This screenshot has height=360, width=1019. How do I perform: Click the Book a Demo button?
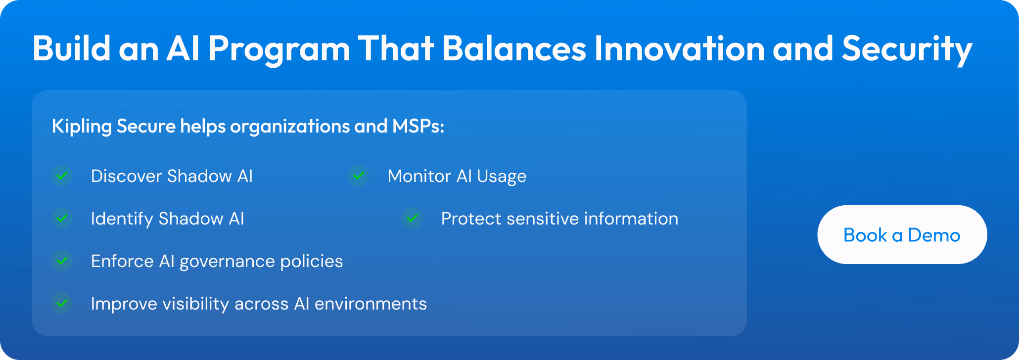tap(902, 234)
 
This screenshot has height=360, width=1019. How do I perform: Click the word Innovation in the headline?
tap(679, 48)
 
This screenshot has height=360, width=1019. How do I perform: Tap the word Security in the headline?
tap(907, 49)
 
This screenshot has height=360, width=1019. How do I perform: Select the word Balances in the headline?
tap(514, 48)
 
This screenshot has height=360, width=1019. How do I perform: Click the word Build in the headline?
tap(72, 48)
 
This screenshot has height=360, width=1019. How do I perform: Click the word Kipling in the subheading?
tap(82, 127)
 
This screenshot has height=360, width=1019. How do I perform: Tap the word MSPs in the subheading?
tap(416, 126)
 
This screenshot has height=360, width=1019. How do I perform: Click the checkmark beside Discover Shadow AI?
tap(62, 176)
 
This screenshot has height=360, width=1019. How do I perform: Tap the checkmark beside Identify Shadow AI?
tap(62, 218)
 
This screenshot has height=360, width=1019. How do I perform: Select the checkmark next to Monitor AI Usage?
tap(359, 176)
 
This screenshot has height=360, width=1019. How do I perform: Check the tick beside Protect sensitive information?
tap(412, 218)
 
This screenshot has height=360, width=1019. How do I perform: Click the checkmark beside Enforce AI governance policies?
tap(62, 261)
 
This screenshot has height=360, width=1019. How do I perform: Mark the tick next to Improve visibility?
tap(62, 303)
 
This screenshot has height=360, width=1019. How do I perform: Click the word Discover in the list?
tap(127, 176)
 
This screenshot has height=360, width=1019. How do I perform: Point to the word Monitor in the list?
tap(419, 176)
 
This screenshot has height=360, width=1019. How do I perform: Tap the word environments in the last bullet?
tap(371, 304)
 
